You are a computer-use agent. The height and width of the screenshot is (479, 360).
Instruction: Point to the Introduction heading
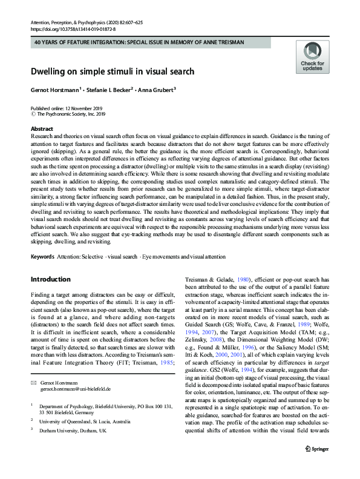(50, 279)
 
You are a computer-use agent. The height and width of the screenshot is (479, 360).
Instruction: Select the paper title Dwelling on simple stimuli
(113, 71)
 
